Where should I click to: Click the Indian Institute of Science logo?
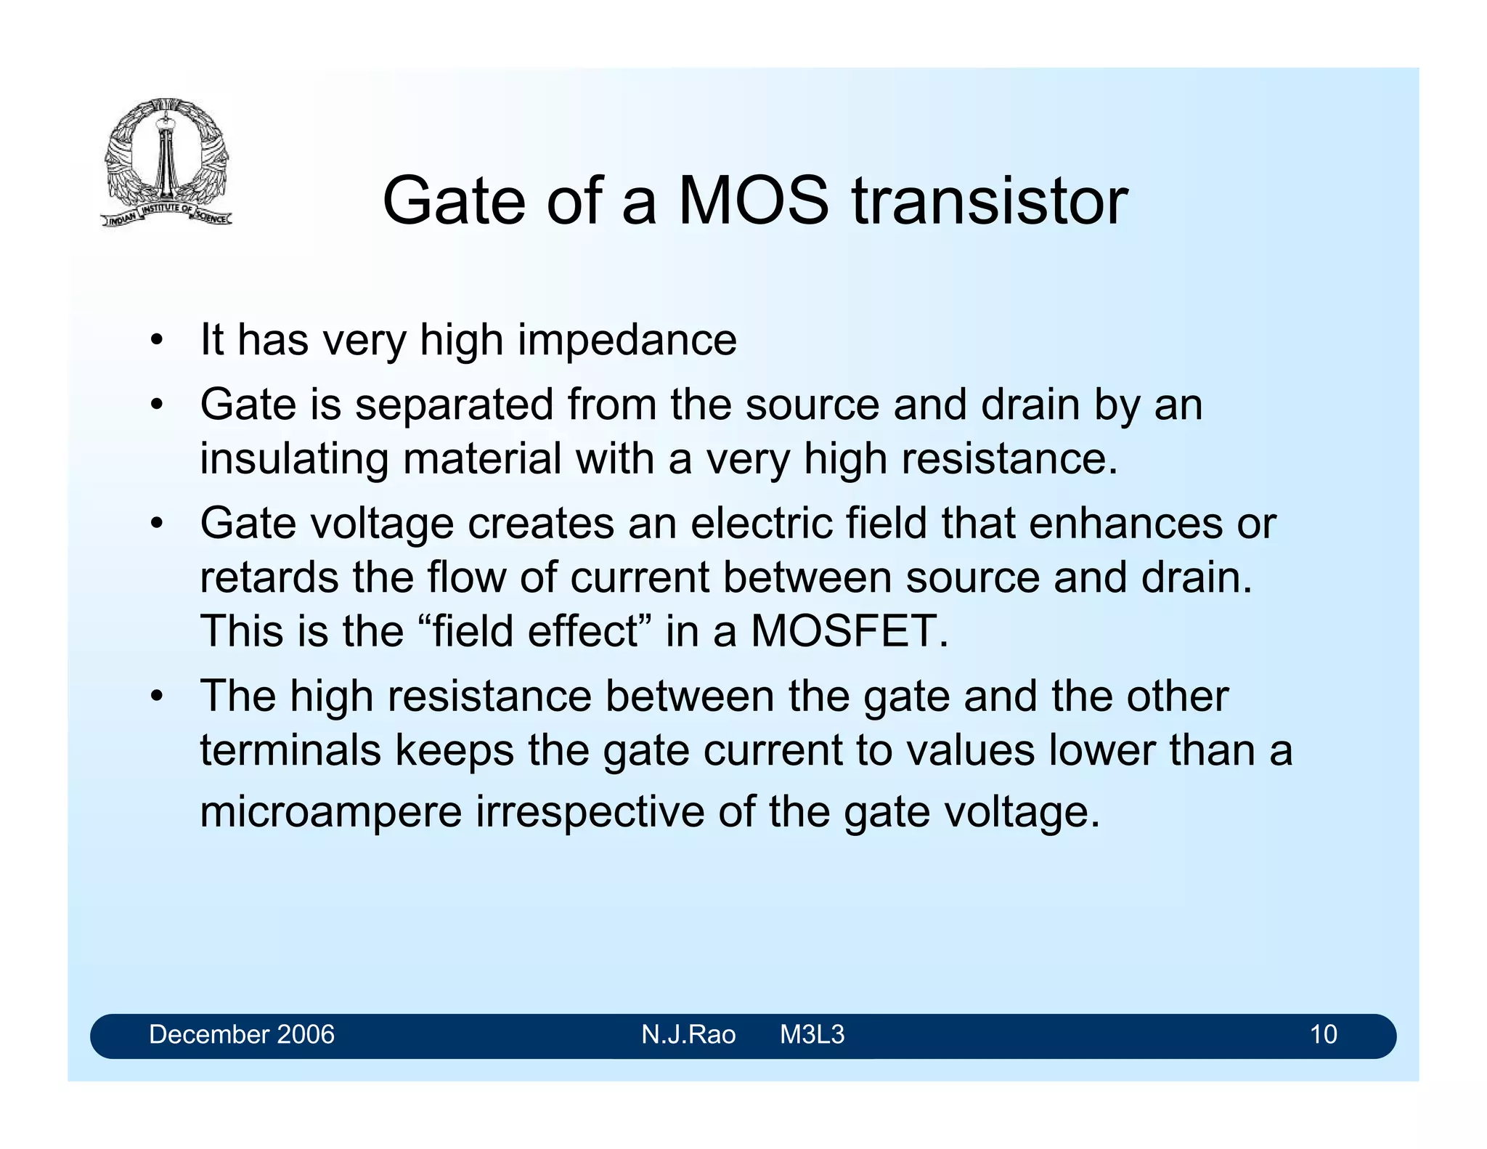166,162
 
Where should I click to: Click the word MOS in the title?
753,200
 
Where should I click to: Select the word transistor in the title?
990,200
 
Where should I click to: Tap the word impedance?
627,340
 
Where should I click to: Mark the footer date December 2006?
242,1034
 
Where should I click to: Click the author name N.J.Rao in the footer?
688,1034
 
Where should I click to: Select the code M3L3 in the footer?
812,1034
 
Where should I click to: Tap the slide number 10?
1323,1034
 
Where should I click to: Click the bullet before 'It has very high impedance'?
155,341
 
